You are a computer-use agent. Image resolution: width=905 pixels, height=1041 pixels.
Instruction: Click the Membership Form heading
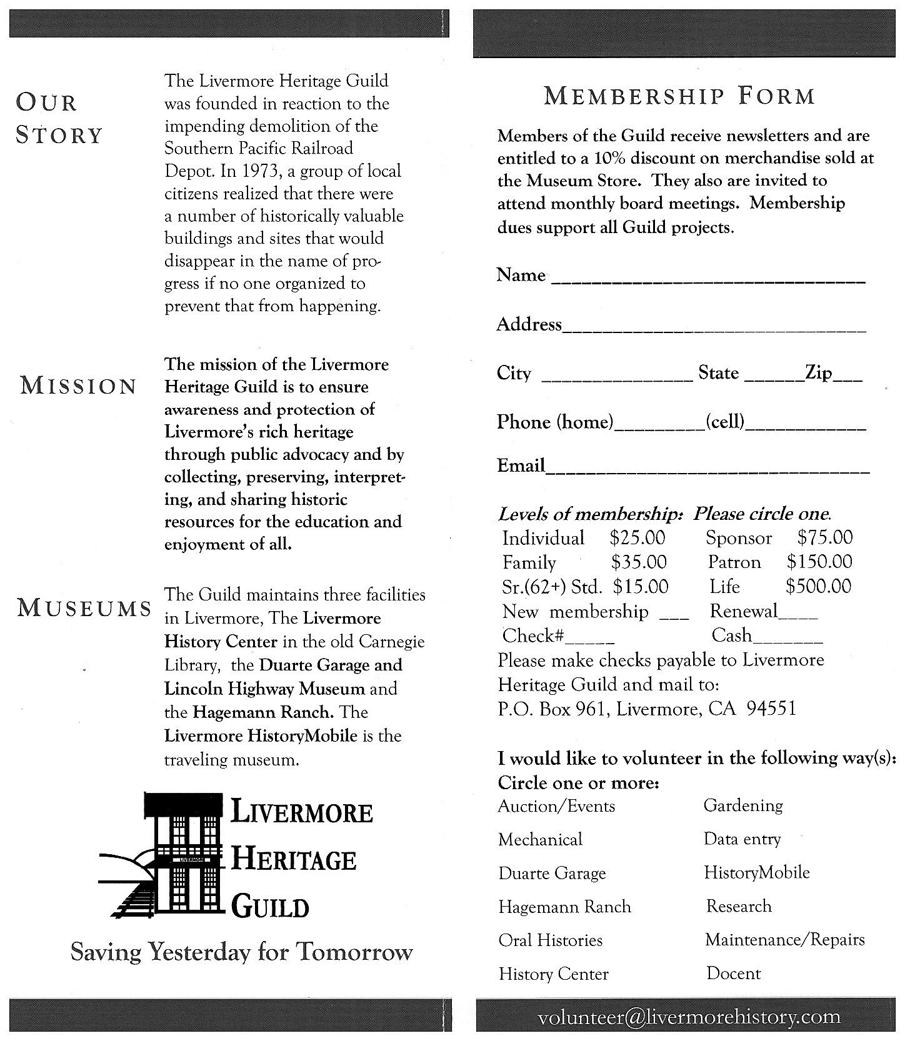click(x=679, y=96)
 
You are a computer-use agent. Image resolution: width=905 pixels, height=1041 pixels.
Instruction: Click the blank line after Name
click(x=709, y=281)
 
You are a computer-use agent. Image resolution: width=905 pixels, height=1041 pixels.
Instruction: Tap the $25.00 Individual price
click(x=637, y=538)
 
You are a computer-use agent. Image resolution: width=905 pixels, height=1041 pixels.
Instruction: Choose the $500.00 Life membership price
click(x=818, y=587)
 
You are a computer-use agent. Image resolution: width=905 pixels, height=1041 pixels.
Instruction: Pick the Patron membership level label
click(x=734, y=562)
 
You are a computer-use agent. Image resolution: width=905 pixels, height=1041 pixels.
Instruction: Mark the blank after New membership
click(x=674, y=615)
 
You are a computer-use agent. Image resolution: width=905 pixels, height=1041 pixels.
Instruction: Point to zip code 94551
click(x=772, y=709)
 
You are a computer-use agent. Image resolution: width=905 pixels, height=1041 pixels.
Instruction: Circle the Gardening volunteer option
click(x=743, y=805)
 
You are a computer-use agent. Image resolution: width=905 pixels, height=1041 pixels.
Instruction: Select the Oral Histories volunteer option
click(x=550, y=940)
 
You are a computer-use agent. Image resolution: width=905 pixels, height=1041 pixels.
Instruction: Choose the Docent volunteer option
click(x=734, y=974)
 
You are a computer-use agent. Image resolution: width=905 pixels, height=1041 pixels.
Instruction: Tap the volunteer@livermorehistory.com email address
click(x=689, y=1017)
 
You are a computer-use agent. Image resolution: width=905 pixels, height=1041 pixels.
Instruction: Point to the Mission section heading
click(x=79, y=386)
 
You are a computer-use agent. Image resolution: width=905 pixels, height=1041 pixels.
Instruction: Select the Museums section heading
click(x=84, y=607)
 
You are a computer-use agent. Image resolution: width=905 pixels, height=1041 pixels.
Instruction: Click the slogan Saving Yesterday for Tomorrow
click(x=242, y=952)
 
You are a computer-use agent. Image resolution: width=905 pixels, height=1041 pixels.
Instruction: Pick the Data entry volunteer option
click(x=742, y=839)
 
